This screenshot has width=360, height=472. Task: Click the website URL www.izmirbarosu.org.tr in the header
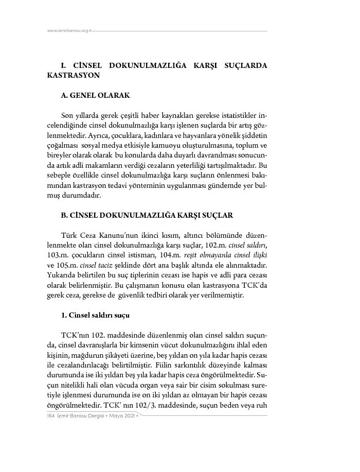click(69, 31)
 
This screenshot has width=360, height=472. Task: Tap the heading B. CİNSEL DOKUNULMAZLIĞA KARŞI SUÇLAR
click(147, 215)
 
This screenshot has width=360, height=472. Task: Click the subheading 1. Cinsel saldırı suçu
click(95, 314)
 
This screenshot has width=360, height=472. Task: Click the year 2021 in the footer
click(130, 415)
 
